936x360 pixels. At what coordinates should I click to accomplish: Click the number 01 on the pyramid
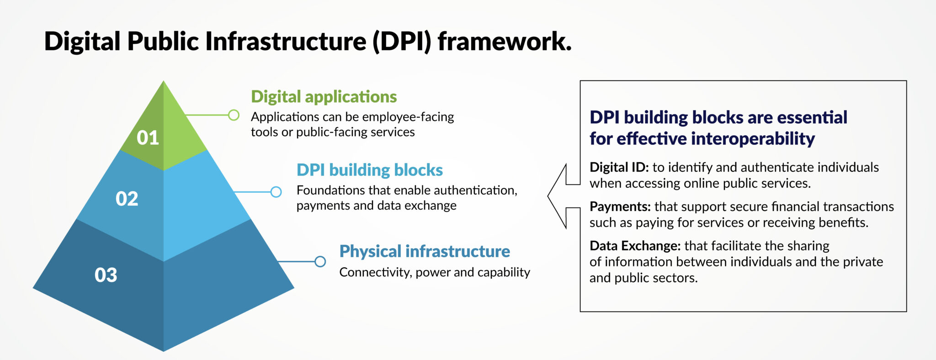tap(148, 138)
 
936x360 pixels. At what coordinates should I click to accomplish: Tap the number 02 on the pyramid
tap(127, 199)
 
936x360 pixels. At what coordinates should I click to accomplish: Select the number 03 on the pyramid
tap(106, 275)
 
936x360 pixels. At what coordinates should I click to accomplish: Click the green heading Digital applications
tap(324, 97)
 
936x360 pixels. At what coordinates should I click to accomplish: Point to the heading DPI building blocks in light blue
tap(369, 170)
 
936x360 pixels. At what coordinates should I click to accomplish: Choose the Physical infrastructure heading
tap(424, 251)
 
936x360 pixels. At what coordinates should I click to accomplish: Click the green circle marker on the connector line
tap(234, 115)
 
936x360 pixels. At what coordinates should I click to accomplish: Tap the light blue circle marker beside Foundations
tap(276, 192)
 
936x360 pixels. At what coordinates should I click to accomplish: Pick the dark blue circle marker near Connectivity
tap(320, 261)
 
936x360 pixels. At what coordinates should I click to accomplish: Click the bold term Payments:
tap(620, 206)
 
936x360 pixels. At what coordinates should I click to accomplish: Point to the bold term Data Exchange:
tap(635, 246)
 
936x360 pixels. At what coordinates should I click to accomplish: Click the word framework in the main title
tap(504, 42)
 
